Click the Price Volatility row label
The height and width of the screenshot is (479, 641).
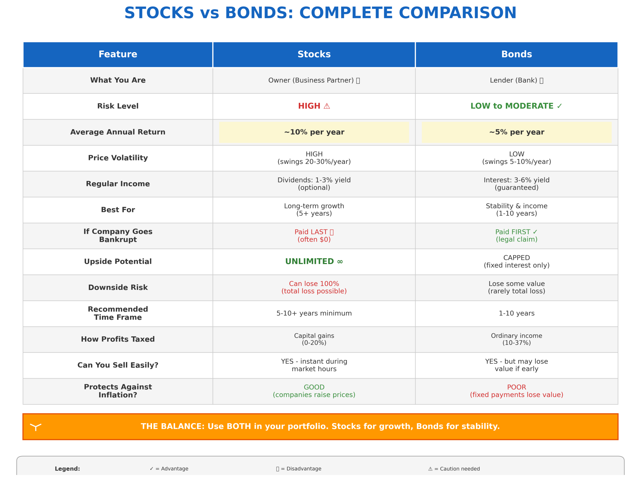click(x=118, y=158)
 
